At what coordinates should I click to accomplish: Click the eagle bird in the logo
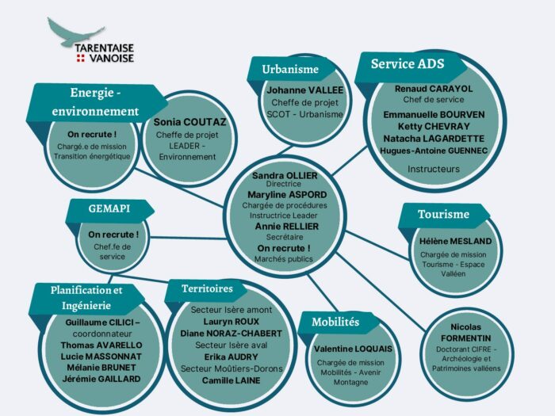(73, 34)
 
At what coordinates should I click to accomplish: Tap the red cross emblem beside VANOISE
(81, 58)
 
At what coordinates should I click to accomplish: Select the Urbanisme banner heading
(290, 69)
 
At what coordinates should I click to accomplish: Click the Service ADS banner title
(408, 63)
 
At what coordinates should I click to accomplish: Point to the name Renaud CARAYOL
(434, 89)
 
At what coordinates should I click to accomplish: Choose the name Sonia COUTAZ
(189, 122)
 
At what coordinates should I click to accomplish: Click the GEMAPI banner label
(109, 208)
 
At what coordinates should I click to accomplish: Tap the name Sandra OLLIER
(285, 175)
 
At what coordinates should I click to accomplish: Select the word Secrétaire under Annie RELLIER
(285, 237)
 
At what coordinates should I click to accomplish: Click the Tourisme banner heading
(443, 214)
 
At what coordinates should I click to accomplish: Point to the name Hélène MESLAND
(456, 241)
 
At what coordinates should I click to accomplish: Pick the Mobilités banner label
(335, 322)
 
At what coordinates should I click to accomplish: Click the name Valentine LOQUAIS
(353, 349)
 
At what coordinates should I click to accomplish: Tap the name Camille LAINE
(232, 380)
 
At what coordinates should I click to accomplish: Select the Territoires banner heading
(207, 288)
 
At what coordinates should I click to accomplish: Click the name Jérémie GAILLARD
(101, 379)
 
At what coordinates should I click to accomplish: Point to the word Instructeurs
(434, 169)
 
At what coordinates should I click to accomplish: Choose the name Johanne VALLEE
(304, 90)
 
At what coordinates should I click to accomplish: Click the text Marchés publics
(284, 259)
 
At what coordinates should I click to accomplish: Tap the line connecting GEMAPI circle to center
(189, 238)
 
